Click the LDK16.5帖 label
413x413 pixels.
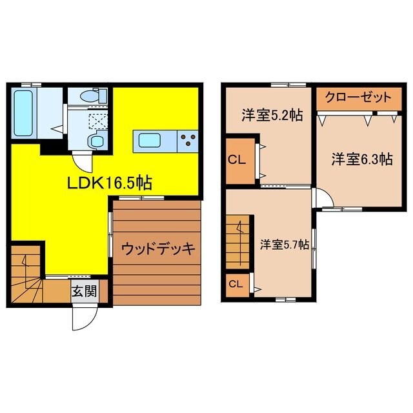tap(110, 183)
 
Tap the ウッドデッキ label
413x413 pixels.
tap(157, 249)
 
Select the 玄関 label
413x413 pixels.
tap(84, 292)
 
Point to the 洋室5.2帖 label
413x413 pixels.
tap(263, 116)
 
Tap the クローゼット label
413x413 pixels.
tap(358, 98)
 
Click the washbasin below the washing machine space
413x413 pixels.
tap(97, 141)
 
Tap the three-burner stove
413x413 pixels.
tap(189, 139)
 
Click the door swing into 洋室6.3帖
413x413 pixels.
tap(323, 197)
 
